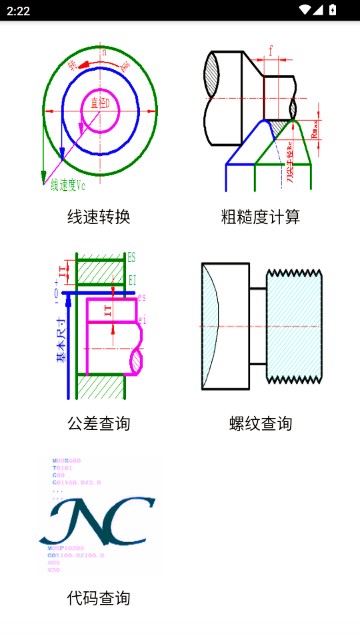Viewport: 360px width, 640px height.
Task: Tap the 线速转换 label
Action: pos(98,216)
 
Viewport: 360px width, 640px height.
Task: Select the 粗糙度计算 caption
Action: pos(260,216)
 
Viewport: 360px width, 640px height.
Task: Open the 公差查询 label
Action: pos(98,423)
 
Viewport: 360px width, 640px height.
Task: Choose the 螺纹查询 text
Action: pos(260,423)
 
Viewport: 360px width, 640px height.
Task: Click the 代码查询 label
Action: pos(98,598)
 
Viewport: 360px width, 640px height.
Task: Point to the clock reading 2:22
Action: pos(17,10)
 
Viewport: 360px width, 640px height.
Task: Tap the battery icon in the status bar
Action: pos(333,10)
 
